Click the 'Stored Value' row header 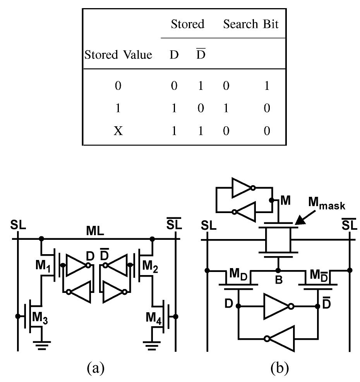tap(118, 55)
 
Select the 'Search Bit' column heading tap(250, 24)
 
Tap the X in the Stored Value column tap(118, 131)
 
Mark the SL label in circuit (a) tap(18, 225)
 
